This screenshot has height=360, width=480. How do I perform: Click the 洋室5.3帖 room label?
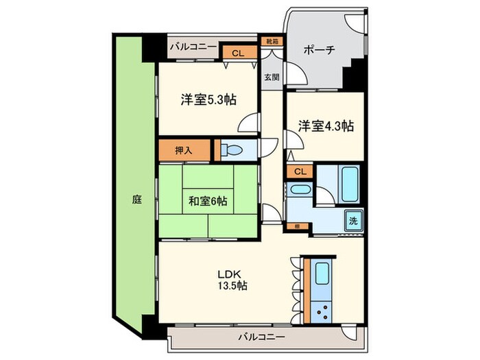click(208, 100)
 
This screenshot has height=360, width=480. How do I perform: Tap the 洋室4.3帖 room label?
click(326, 126)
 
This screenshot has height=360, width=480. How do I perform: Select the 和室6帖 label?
click(208, 201)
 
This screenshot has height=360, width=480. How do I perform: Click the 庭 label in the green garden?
click(137, 200)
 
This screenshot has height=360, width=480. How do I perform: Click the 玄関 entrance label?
click(272, 77)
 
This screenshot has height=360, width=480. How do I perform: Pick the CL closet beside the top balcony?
click(236, 53)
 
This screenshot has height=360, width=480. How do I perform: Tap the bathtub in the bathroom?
click(349, 182)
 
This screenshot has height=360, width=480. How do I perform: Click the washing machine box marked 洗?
click(352, 221)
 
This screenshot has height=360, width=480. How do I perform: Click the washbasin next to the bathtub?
click(299, 189)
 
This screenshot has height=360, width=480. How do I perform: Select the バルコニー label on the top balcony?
click(193, 46)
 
